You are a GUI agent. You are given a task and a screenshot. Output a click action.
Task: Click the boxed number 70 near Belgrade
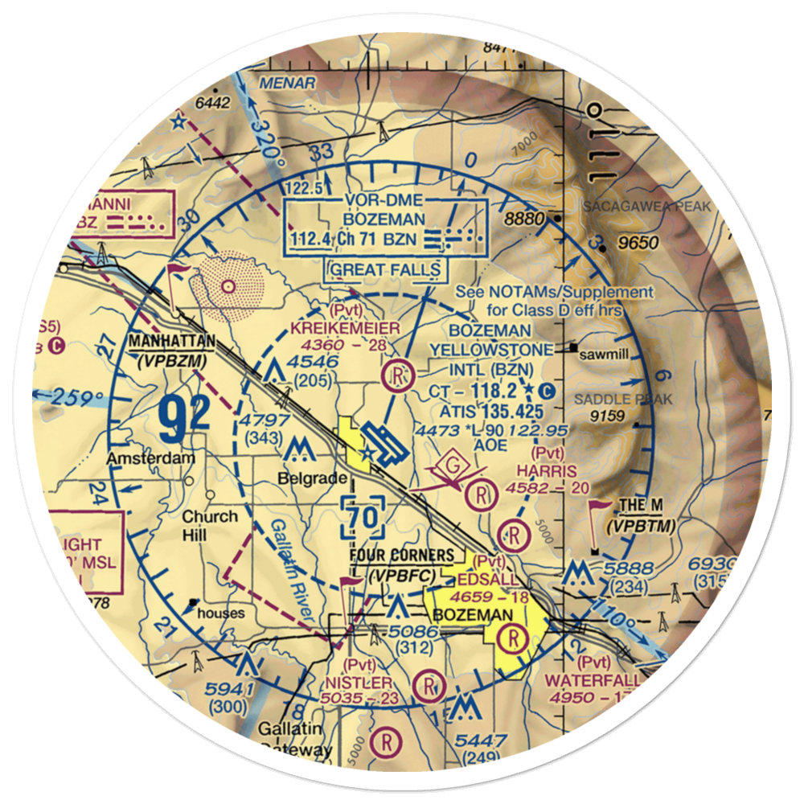[363, 519]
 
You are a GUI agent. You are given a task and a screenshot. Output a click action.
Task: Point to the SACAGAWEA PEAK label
[647, 207]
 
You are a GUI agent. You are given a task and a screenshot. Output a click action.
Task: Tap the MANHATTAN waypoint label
[171, 342]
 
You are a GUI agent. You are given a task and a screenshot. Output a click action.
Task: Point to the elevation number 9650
[639, 243]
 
